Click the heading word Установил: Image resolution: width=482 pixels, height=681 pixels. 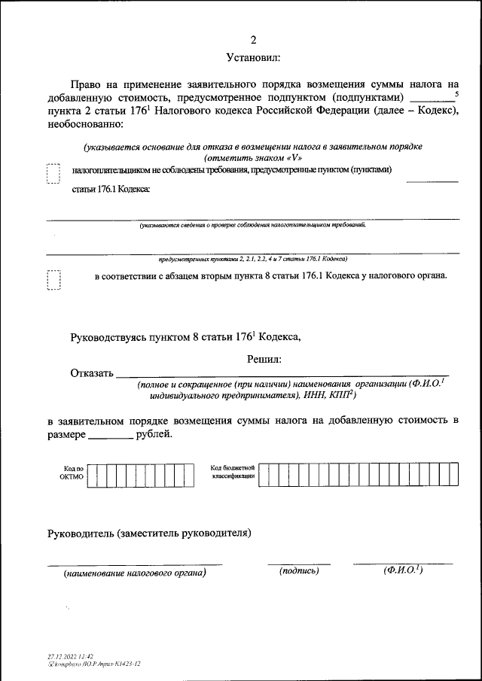(x=253, y=57)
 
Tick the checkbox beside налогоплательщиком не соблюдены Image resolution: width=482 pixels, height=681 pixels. (x=53, y=175)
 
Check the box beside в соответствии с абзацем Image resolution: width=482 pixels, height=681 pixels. (x=53, y=281)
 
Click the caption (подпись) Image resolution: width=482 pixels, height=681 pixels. (x=299, y=571)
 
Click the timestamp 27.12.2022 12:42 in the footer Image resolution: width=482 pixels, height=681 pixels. (x=70, y=657)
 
